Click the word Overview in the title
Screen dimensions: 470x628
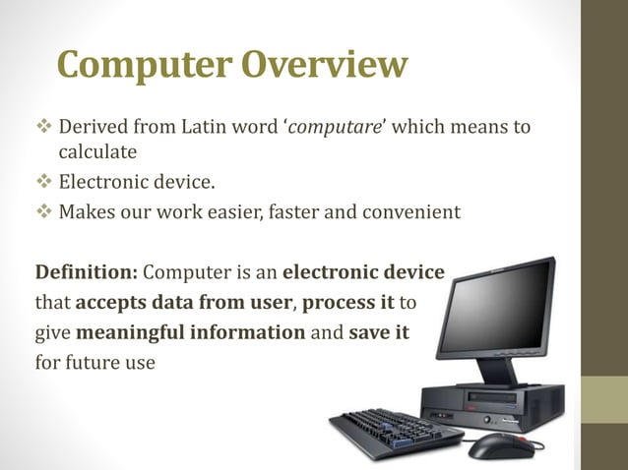click(323, 65)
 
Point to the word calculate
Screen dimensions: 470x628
click(96, 152)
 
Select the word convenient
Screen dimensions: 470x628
click(411, 209)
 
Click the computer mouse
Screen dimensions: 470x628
click(500, 445)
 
